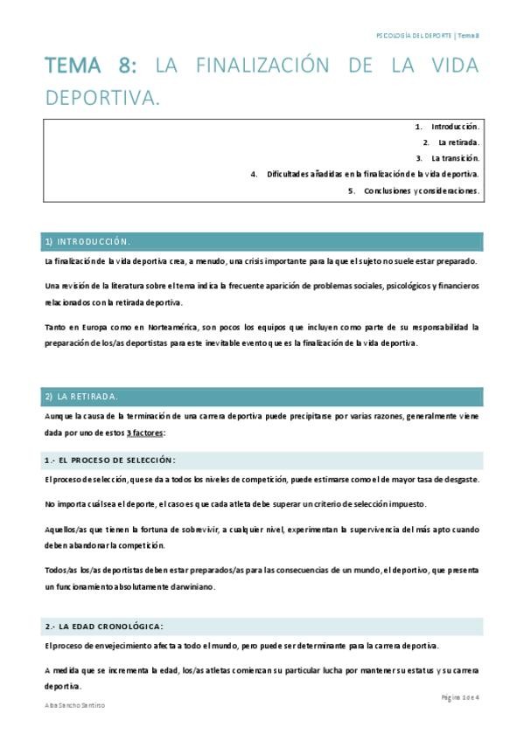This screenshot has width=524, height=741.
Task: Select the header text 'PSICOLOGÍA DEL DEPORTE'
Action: pyautogui.click(x=414, y=35)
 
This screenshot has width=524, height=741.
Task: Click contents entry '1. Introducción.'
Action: pyautogui.click(x=447, y=127)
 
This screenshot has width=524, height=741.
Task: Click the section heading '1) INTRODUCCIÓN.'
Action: pyautogui.click(x=88, y=241)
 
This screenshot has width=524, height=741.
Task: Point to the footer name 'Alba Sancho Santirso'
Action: pyautogui.click(x=74, y=704)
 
